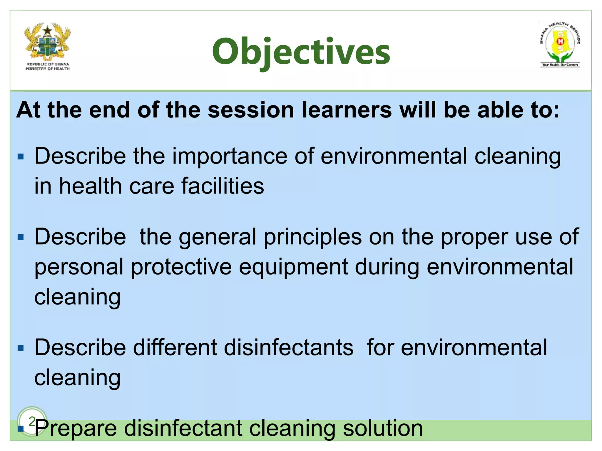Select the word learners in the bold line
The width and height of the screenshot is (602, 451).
(x=347, y=110)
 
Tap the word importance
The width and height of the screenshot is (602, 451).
(x=230, y=156)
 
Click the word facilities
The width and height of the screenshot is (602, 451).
(x=223, y=186)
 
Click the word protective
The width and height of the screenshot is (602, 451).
(x=181, y=267)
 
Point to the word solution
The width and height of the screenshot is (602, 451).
(x=383, y=428)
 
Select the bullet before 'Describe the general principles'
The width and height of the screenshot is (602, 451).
(x=21, y=237)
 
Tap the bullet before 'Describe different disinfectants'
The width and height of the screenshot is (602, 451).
(x=21, y=348)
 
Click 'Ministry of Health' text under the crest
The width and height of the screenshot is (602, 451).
(x=48, y=69)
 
